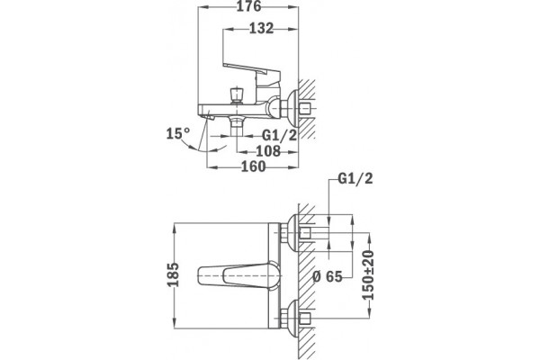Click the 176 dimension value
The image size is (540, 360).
coord(248,6)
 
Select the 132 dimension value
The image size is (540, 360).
coord(261,29)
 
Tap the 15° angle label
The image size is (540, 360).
coord(178,133)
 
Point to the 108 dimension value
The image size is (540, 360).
coord(268,151)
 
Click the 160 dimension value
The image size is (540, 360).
coord(254,166)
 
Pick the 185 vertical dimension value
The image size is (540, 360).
coord(173,274)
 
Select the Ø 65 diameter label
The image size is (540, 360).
coord(328,276)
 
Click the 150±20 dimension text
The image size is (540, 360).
coord(368,275)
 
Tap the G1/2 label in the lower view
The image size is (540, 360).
coord(355,179)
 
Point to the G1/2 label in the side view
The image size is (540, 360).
coord(279,135)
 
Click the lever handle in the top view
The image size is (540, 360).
coord(239,276)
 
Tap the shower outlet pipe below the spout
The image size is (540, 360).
coord(236,134)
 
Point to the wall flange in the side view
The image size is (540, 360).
coord(293,109)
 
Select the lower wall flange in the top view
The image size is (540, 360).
coord(293,319)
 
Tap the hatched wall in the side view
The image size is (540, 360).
coord(307,109)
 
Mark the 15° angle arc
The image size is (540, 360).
coord(203,148)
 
